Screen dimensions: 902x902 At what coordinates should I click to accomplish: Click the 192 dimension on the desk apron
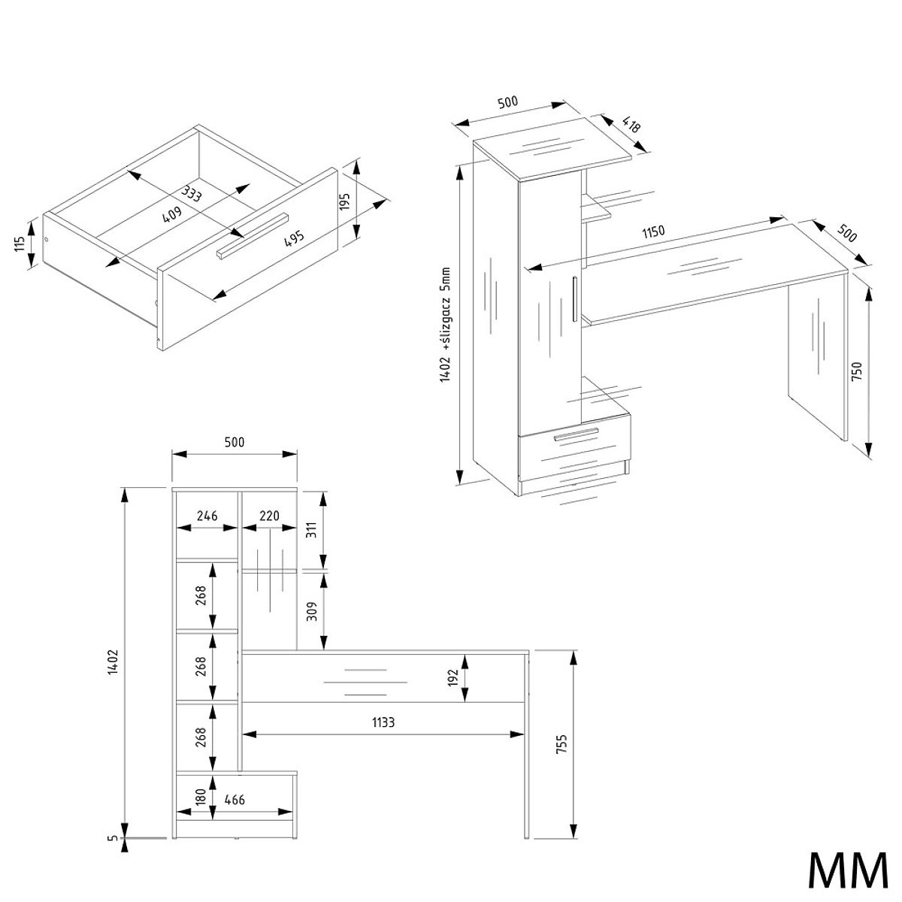click(x=453, y=677)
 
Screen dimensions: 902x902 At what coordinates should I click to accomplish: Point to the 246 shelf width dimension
click(x=207, y=516)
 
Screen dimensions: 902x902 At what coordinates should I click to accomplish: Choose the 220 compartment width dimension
click(x=269, y=516)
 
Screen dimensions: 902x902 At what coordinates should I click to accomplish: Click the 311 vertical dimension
click(x=312, y=530)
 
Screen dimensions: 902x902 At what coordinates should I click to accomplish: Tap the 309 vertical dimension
click(x=312, y=611)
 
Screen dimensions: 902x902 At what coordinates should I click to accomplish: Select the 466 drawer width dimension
click(x=235, y=800)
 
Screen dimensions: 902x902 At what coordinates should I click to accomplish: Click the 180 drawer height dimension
click(x=201, y=798)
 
